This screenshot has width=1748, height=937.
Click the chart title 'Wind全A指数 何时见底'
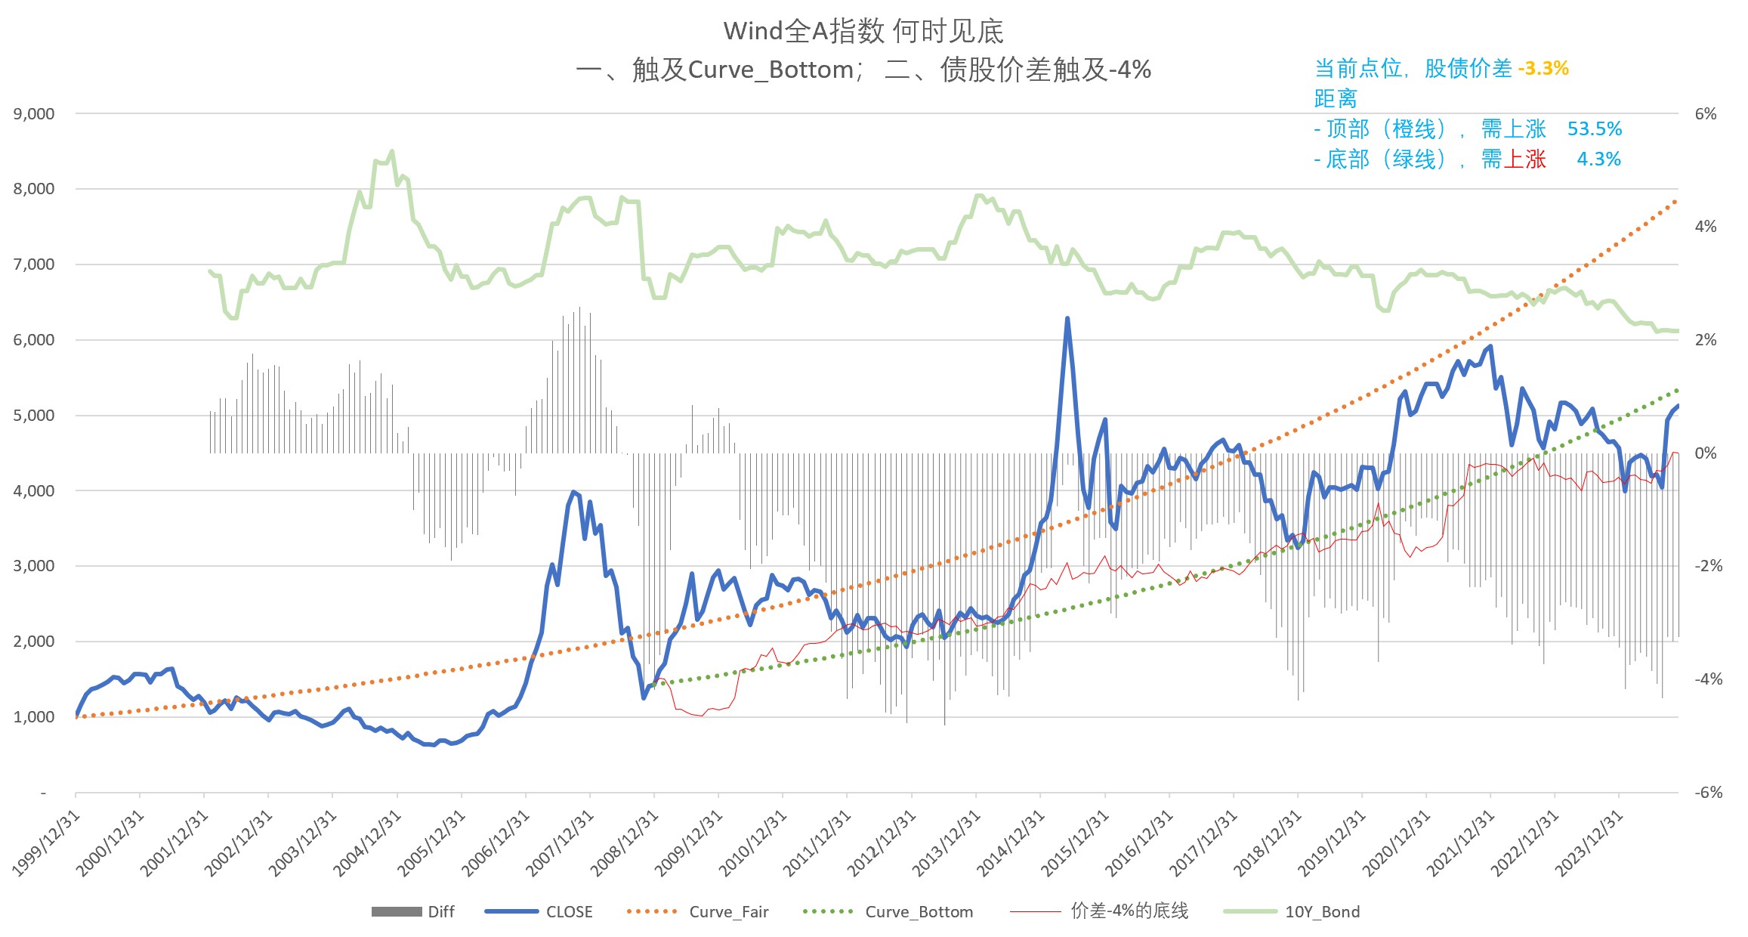pos(863,31)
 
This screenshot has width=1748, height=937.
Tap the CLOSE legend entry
pos(569,912)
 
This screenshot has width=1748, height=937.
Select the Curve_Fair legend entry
pos(728,912)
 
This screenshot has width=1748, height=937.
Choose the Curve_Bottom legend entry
pos(919,912)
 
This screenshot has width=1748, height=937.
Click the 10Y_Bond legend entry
pos(1322,912)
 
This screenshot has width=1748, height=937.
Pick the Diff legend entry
pos(441,912)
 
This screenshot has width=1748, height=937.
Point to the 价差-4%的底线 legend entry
pos(1129,911)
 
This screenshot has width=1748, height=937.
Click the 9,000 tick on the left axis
pos(34,114)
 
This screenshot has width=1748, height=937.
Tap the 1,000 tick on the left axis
pos(34,717)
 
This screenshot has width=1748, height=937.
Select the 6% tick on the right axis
pos(1705,114)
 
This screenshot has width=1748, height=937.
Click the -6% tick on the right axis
pos(1707,793)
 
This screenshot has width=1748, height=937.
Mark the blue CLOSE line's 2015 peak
pos(1067,319)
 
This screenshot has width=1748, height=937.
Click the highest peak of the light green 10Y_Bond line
pos(391,152)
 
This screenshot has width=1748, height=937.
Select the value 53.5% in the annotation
pos(1594,129)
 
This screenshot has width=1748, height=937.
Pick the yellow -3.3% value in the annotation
pos(1543,69)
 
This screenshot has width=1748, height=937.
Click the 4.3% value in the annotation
pos(1598,159)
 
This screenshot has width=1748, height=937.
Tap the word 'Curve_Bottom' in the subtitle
pos(771,70)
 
